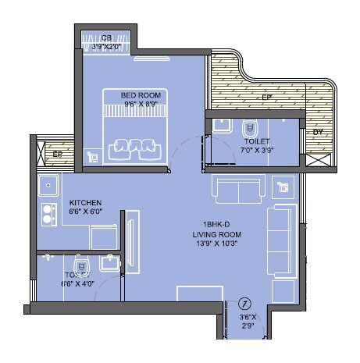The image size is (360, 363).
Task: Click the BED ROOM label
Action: (x=141, y=95)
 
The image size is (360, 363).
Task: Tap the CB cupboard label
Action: (x=106, y=37)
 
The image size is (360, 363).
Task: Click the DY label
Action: (x=317, y=132)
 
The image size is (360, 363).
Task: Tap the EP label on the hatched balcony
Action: (x=267, y=98)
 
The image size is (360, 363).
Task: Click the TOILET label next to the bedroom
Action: (x=258, y=142)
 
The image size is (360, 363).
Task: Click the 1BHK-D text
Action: (x=216, y=225)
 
